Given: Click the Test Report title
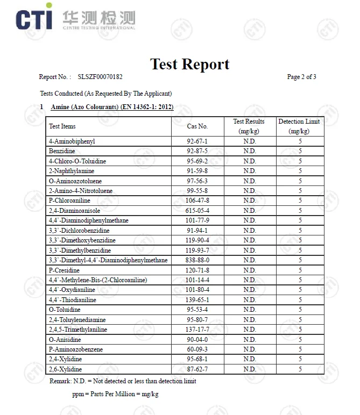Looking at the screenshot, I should pos(189,64).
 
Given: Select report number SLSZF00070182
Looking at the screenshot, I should pos(100,77).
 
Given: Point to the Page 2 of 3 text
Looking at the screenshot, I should pos(301,77).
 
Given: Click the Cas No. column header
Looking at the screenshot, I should pos(197,126).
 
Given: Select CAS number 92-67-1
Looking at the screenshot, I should pos(197,141).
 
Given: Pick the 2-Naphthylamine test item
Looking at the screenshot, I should pos(72,171).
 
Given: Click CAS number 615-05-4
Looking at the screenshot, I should pos(197,211).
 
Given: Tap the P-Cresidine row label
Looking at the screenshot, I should pos(64,270).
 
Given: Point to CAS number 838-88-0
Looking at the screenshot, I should pos(197,260).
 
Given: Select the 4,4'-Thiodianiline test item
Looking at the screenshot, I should pos(73,300).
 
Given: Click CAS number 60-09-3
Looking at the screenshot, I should pos(197,349).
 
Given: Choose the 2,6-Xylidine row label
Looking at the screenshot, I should pos(65,369).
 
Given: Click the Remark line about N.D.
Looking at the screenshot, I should pos(123,381).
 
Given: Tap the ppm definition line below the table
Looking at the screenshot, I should pos(115,394).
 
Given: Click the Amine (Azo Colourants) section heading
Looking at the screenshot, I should pos(112,107).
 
